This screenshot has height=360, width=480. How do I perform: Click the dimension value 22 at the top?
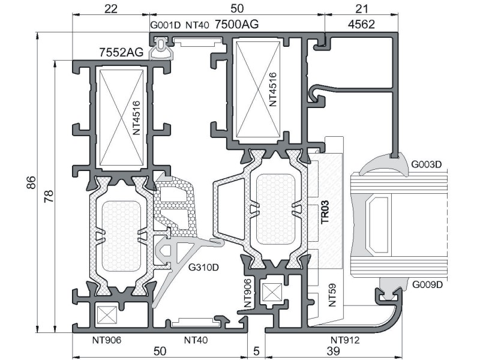pos(111,9)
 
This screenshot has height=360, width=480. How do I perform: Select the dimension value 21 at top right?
pos(361,9)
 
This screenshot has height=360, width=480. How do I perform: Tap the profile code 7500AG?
pos(236,24)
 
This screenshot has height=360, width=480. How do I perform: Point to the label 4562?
pos(361,24)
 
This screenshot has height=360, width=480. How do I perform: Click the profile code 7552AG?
pos(121,52)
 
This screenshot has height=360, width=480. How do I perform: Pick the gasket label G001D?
pos(166,25)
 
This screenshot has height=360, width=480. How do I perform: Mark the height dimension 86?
pos(31,182)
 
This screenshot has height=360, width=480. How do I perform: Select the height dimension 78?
pos(49,196)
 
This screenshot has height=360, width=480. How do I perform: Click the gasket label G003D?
pos(427,164)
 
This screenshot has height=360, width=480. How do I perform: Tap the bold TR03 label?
pos(325,212)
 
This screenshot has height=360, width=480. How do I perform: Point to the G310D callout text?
pos(203,268)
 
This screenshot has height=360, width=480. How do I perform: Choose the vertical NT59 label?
pos(332,295)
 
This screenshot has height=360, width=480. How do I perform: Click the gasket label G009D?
pos(427,285)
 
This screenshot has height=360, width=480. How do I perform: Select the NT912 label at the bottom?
pos(345,340)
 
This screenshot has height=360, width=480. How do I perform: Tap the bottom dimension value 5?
pos(256,351)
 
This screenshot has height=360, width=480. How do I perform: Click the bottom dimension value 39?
pos(333,351)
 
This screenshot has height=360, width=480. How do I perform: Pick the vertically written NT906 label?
pos(248,293)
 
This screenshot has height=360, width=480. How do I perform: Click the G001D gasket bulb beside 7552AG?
pos(161,49)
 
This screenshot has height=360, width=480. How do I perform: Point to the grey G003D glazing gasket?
pos(383,166)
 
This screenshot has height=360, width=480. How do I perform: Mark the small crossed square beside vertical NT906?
pos(272,292)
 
